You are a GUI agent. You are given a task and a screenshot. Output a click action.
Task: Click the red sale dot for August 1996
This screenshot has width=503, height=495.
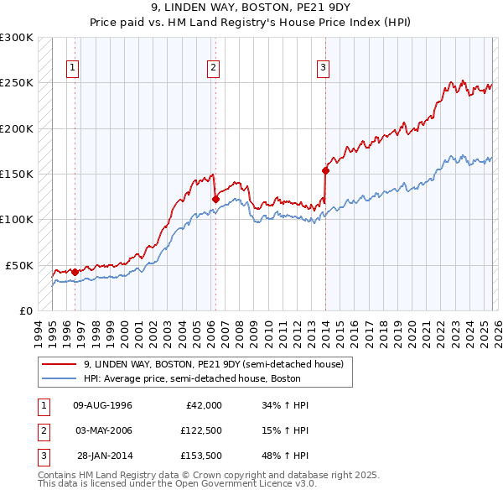(75, 272)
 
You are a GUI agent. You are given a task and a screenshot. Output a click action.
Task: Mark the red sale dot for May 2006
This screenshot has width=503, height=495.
(215, 199)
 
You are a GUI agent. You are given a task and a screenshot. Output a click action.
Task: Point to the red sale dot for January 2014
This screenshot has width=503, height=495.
(326, 170)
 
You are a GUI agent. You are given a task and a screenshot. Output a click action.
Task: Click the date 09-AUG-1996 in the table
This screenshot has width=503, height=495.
(102, 405)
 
